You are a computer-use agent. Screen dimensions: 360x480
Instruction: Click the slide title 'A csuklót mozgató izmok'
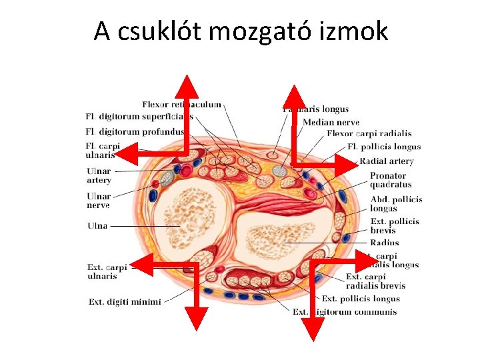click(240, 31)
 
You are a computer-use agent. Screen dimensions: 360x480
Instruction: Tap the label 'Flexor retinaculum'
click(181, 105)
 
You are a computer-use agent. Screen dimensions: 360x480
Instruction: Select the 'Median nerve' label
click(331, 122)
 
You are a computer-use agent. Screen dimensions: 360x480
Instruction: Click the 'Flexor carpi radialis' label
click(369, 134)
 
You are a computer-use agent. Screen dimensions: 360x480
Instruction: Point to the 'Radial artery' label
click(387, 161)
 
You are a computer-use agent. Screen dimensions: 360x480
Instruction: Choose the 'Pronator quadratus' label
click(391, 180)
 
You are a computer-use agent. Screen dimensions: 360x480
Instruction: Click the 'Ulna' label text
click(97, 226)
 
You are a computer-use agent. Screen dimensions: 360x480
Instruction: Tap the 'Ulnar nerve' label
click(99, 201)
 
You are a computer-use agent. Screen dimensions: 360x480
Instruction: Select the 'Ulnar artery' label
click(99, 176)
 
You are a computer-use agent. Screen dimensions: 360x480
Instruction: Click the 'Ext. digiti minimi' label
click(125, 302)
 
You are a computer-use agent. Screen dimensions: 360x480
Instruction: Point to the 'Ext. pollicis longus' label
click(361, 299)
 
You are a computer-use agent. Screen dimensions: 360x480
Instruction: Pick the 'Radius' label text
click(385, 243)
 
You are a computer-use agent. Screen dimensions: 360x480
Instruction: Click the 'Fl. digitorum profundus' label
click(135, 132)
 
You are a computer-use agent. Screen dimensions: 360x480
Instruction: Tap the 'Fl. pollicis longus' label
click(384, 147)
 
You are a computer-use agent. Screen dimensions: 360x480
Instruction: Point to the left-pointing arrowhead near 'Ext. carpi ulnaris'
click(140, 267)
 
